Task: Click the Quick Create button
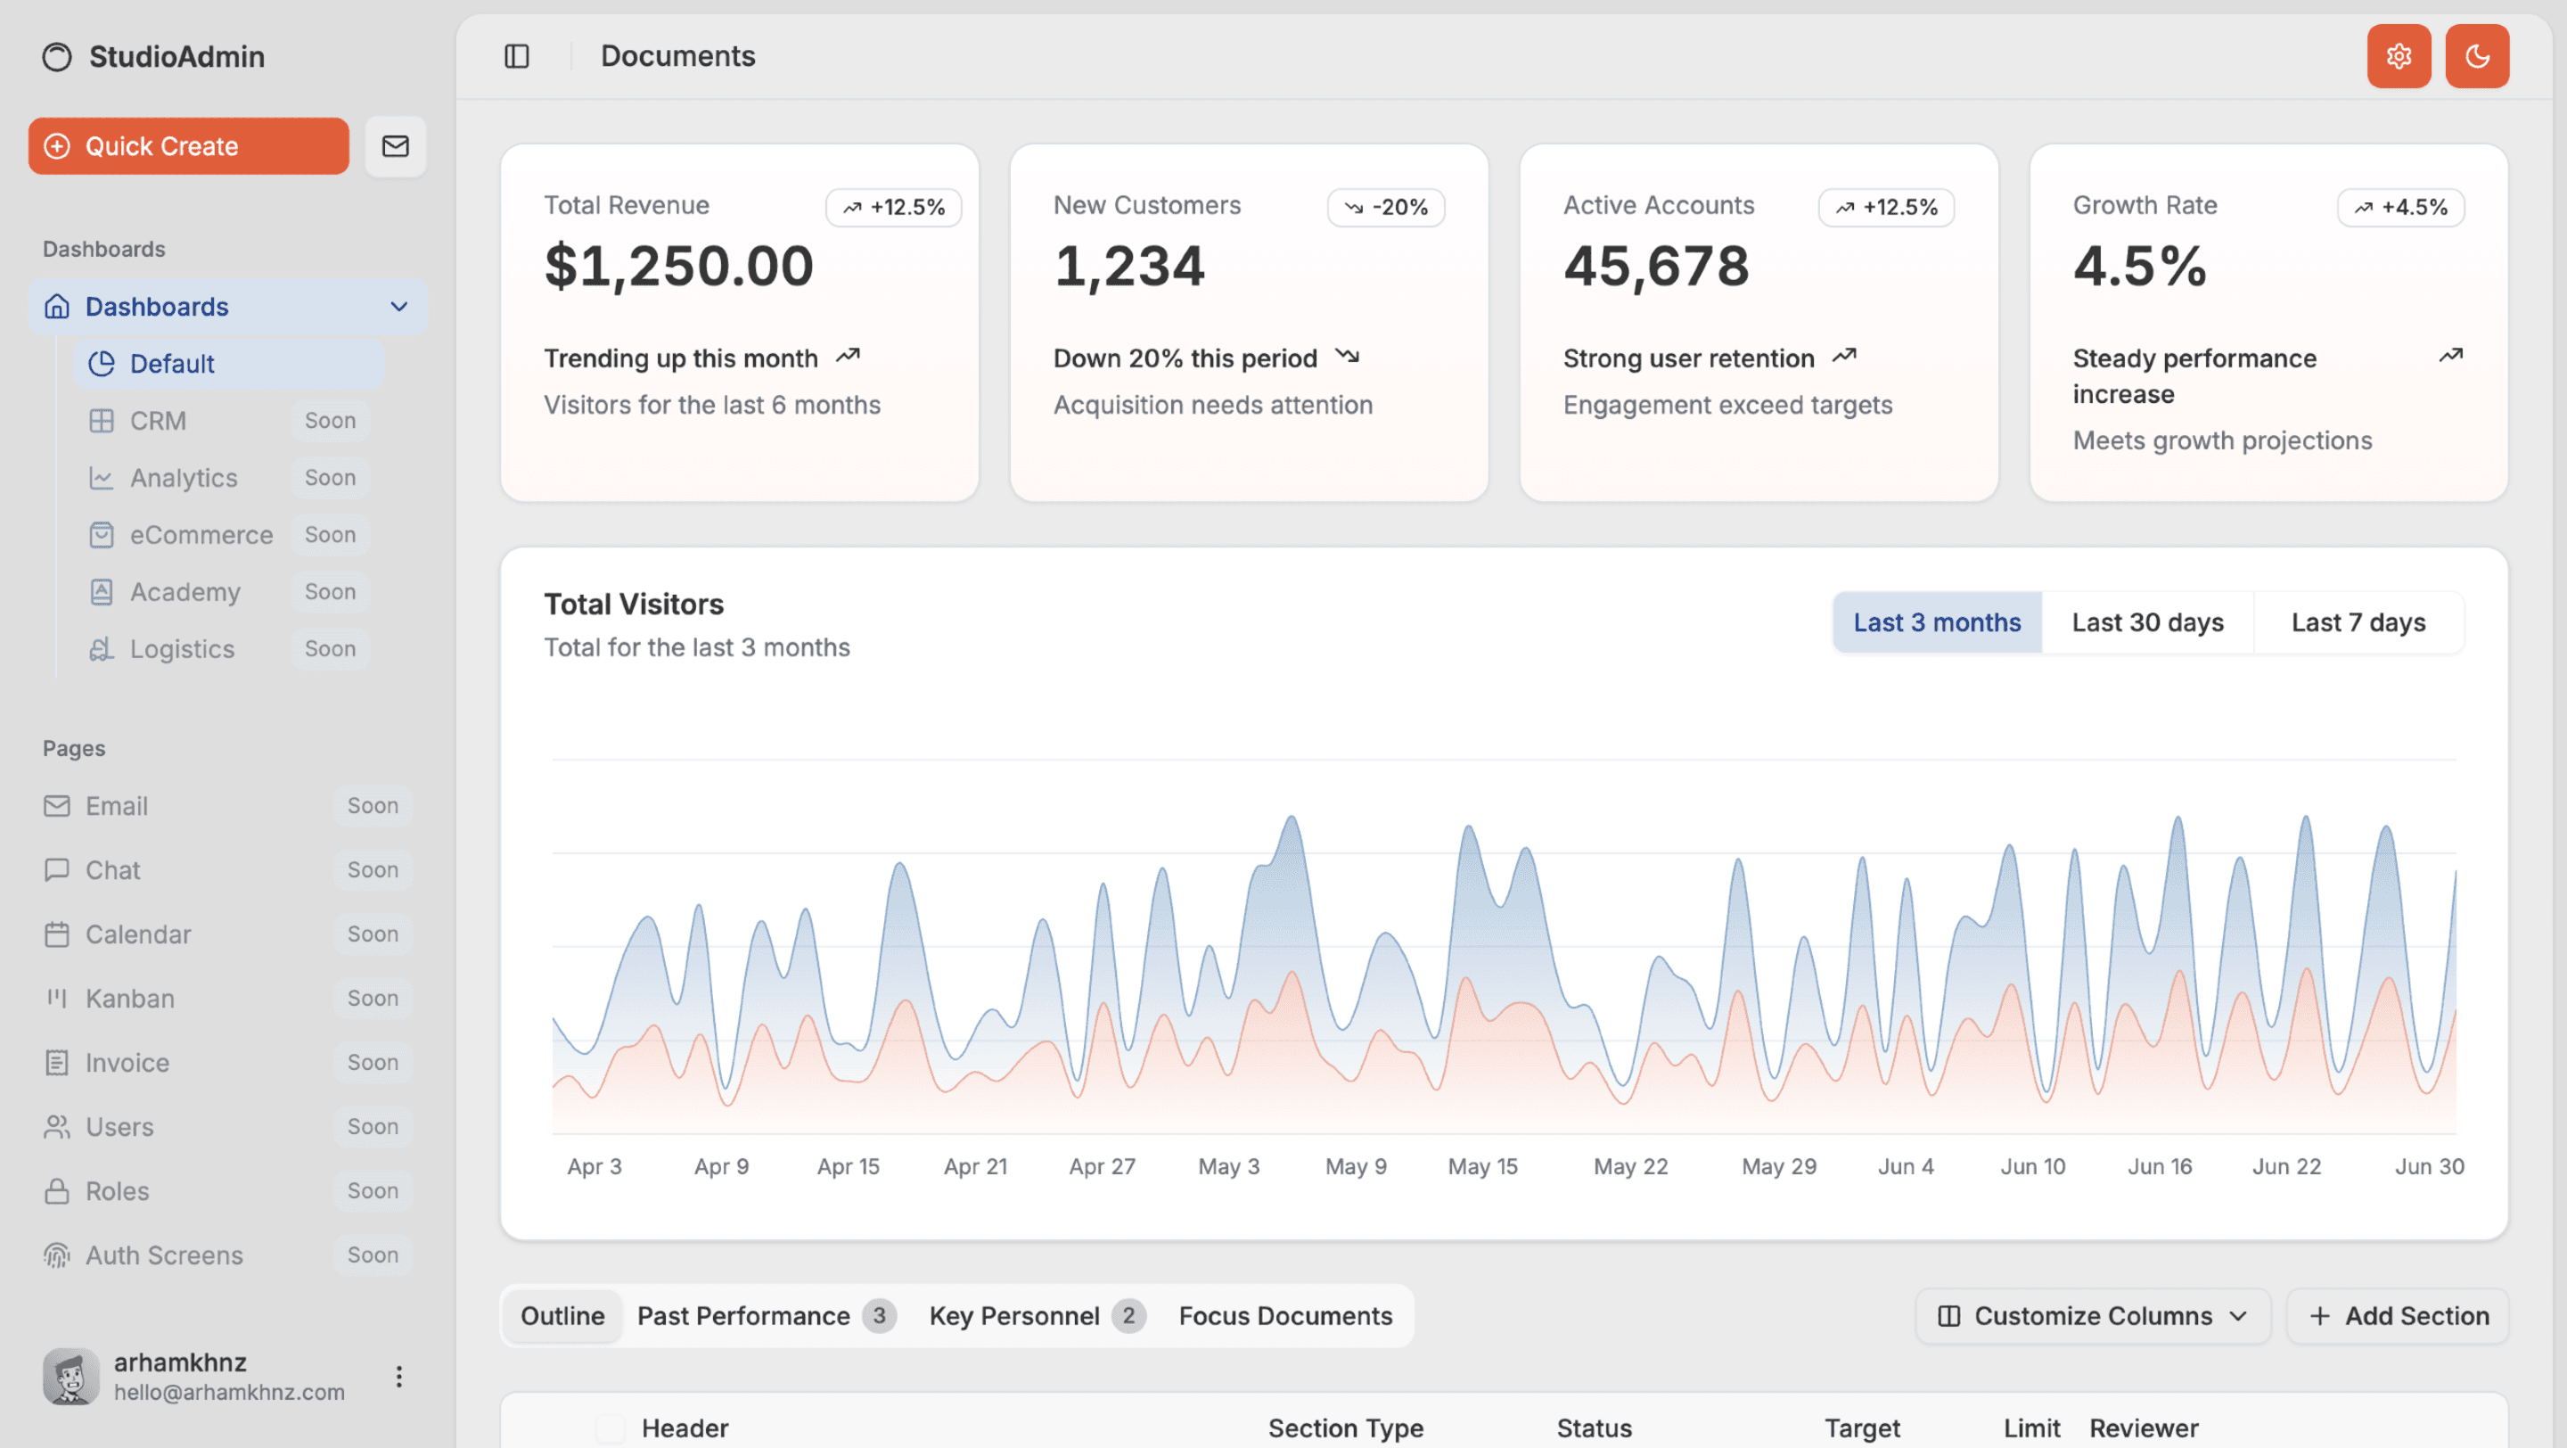[188, 146]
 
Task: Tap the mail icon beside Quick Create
[396, 146]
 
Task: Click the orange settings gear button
[2398, 56]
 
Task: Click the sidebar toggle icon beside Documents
[516, 56]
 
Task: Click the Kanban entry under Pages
[129, 999]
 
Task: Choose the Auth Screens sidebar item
[163, 1255]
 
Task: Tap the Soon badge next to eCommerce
[330, 535]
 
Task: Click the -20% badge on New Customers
[1386, 207]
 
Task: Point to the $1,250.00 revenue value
[678, 266]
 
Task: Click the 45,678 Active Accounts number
[1655, 266]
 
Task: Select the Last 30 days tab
[2147, 623]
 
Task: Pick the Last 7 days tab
[2358, 623]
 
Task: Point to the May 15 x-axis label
[1481, 1166]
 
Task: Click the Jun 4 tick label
[1906, 1166]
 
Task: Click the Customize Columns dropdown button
[2092, 1315]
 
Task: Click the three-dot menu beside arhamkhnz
[398, 1377]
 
